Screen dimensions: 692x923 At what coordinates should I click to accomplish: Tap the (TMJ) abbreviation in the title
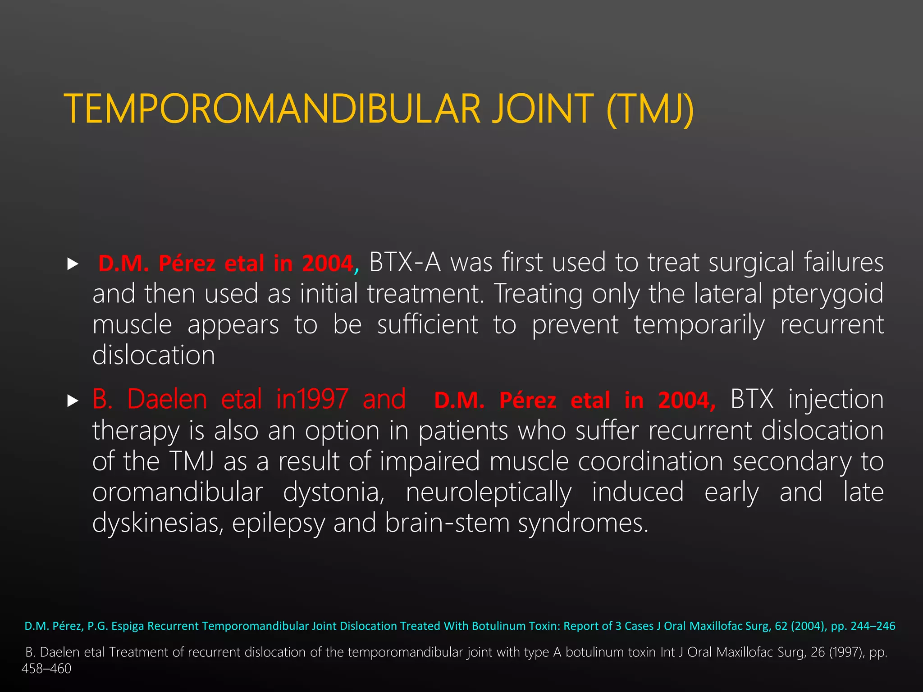coord(650,109)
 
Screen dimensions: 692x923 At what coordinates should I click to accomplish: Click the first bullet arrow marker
coord(73,264)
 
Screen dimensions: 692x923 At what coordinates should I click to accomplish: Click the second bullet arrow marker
coord(73,401)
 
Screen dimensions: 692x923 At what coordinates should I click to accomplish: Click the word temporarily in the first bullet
coord(699,325)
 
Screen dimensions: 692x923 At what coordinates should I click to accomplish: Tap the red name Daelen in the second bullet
coord(167,399)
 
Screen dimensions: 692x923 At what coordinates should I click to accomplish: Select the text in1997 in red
coord(312,399)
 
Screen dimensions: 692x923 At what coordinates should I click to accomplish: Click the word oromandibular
coord(178,492)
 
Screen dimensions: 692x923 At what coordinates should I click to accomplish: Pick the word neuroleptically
coord(489,492)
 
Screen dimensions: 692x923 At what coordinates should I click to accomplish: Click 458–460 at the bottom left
coord(46,669)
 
